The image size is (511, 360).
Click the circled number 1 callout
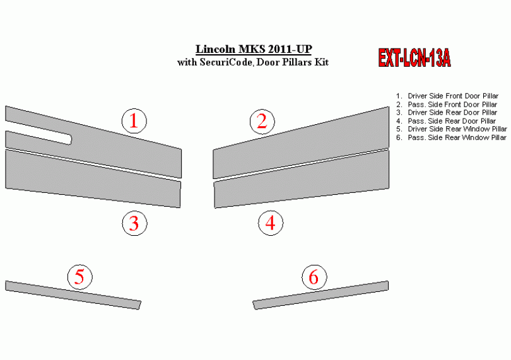[134, 121]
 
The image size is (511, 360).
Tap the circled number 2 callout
[262, 122]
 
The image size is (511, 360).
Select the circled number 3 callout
[134, 223]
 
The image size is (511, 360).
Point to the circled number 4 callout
[271, 223]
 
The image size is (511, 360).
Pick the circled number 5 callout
[80, 277]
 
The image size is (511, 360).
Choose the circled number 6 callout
[314, 277]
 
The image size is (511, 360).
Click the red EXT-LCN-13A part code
[414, 58]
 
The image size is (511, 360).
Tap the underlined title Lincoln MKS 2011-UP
[254, 49]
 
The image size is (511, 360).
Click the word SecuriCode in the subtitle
[226, 62]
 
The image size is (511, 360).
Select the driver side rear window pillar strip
[73, 295]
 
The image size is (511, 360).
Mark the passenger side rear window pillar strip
[320, 295]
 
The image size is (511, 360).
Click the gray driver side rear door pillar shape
[93, 178]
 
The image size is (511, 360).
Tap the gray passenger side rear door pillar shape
[302, 178]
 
